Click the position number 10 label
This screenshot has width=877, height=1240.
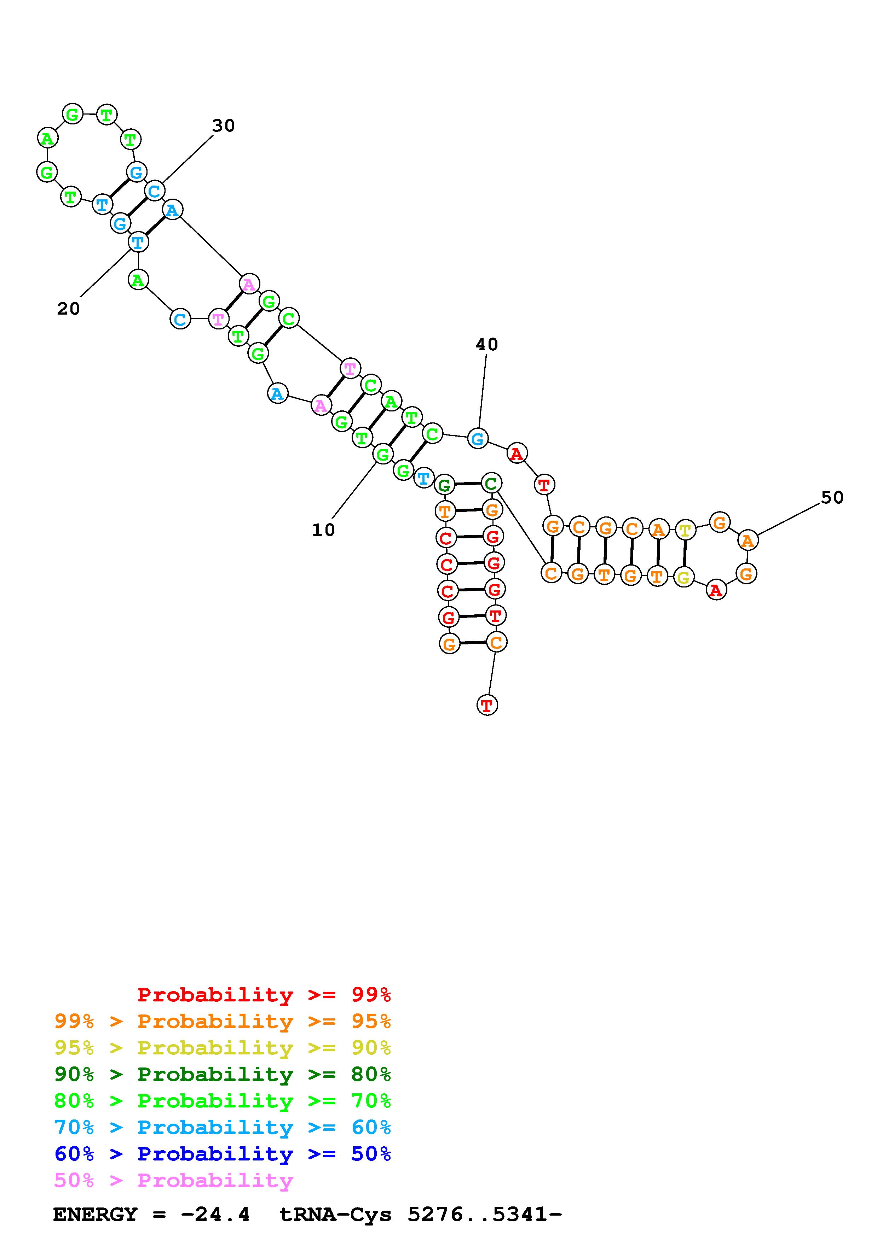click(x=323, y=530)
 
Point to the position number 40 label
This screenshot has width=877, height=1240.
click(x=486, y=344)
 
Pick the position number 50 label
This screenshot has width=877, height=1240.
click(x=832, y=497)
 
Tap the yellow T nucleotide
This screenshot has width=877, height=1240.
click(x=685, y=530)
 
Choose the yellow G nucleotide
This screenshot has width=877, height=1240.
click(x=683, y=577)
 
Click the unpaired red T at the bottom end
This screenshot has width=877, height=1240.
click(x=487, y=705)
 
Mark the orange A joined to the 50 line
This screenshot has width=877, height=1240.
click(x=747, y=540)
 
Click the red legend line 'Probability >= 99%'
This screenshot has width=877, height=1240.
click(x=264, y=995)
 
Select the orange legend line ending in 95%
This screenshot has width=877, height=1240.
click(x=223, y=1021)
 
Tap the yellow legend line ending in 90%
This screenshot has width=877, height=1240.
click(x=223, y=1048)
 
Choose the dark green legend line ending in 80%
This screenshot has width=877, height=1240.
click(x=223, y=1074)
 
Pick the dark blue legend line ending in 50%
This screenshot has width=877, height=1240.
click(x=223, y=1154)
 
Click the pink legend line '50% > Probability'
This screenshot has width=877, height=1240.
click(x=173, y=1180)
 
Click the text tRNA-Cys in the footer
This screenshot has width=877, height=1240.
click(x=335, y=1214)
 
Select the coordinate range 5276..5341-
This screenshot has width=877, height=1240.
click(x=485, y=1214)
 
